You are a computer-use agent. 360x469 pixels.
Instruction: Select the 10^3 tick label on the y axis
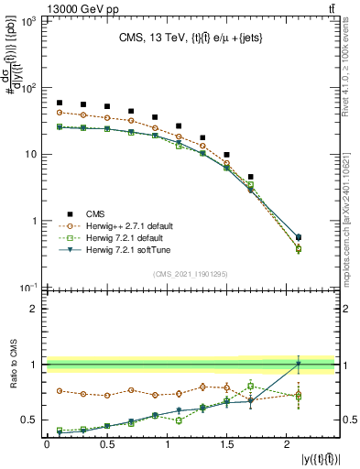[27, 22]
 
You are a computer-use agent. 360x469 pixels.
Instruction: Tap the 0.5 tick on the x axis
[107, 444]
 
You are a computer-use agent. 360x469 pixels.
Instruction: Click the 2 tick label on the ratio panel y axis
[33, 309]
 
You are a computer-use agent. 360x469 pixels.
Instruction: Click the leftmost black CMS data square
[59, 103]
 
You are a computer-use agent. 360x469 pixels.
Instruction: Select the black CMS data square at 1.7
[251, 177]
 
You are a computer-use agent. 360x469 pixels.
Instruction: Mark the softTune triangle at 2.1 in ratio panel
[299, 364]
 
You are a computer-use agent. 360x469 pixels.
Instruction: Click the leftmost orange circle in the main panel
[59, 113]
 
